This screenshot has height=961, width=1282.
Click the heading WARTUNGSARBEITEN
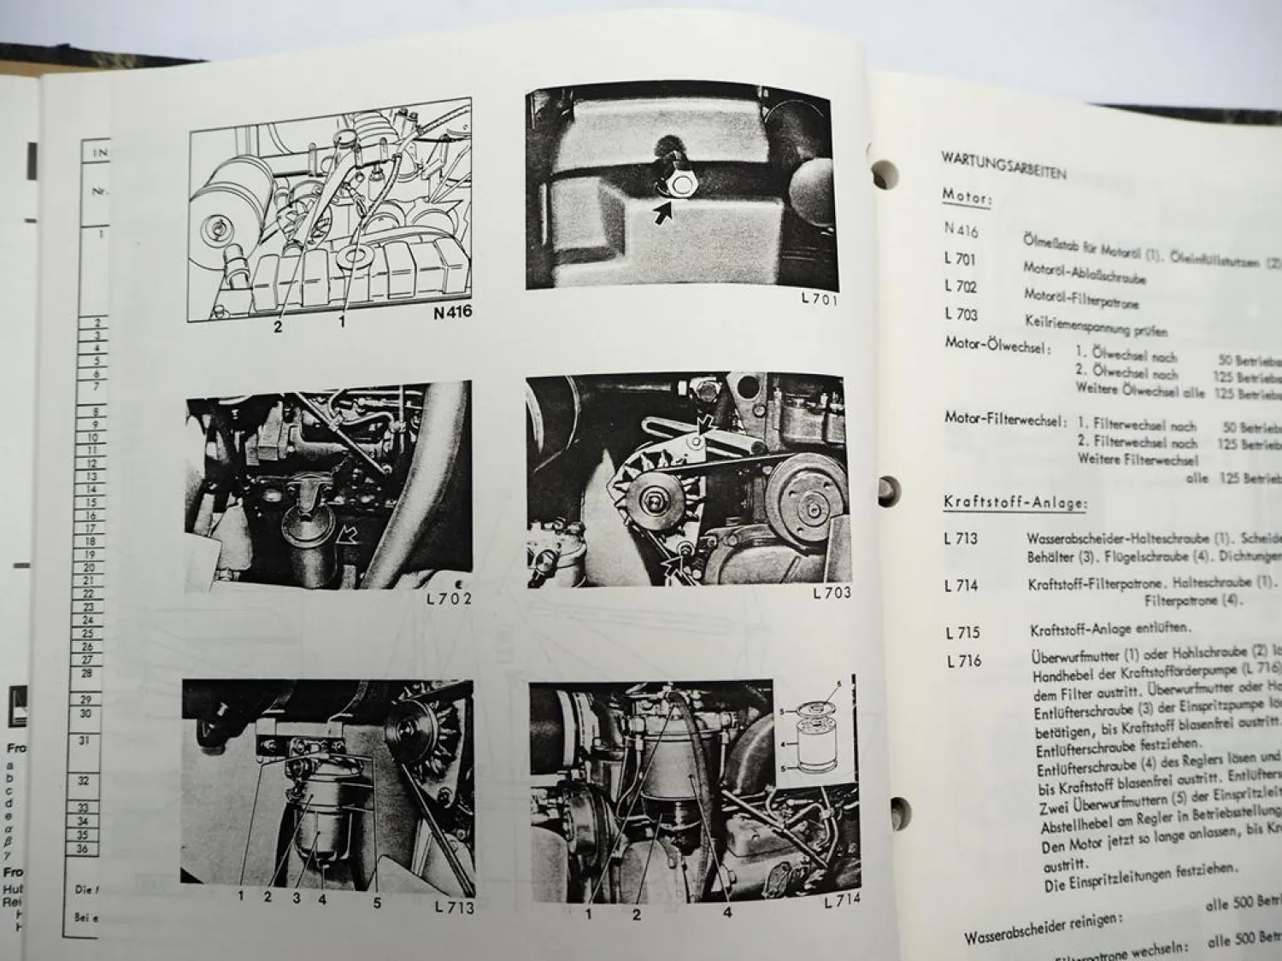[1003, 165]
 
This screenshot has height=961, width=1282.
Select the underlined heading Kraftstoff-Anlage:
[1015, 503]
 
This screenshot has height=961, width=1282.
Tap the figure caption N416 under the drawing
[451, 313]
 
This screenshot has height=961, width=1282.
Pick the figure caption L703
[831, 592]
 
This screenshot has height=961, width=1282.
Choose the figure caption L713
[453, 907]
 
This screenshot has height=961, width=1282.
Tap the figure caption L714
[842, 899]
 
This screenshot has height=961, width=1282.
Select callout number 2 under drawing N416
[278, 325]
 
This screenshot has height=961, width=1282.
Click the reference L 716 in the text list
[964, 660]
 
